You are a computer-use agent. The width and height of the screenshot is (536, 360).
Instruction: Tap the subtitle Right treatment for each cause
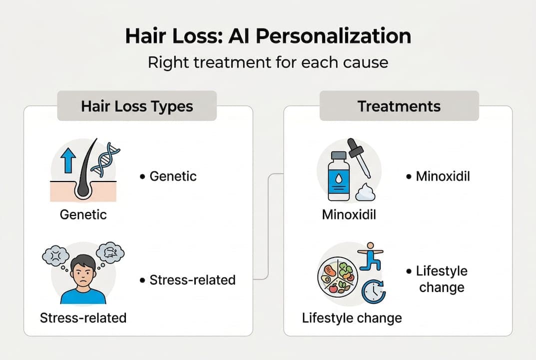click(268, 63)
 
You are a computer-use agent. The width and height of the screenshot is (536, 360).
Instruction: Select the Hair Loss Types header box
click(137, 106)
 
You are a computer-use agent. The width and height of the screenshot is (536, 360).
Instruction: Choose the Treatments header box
click(399, 106)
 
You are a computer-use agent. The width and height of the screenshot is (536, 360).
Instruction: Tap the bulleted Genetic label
click(173, 176)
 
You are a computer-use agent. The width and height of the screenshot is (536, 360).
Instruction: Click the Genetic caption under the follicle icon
click(83, 214)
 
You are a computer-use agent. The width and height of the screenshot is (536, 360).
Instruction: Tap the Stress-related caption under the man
click(83, 317)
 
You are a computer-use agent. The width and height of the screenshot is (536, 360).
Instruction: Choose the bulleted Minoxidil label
click(443, 176)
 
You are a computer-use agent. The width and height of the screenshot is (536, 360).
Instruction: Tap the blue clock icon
click(374, 291)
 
